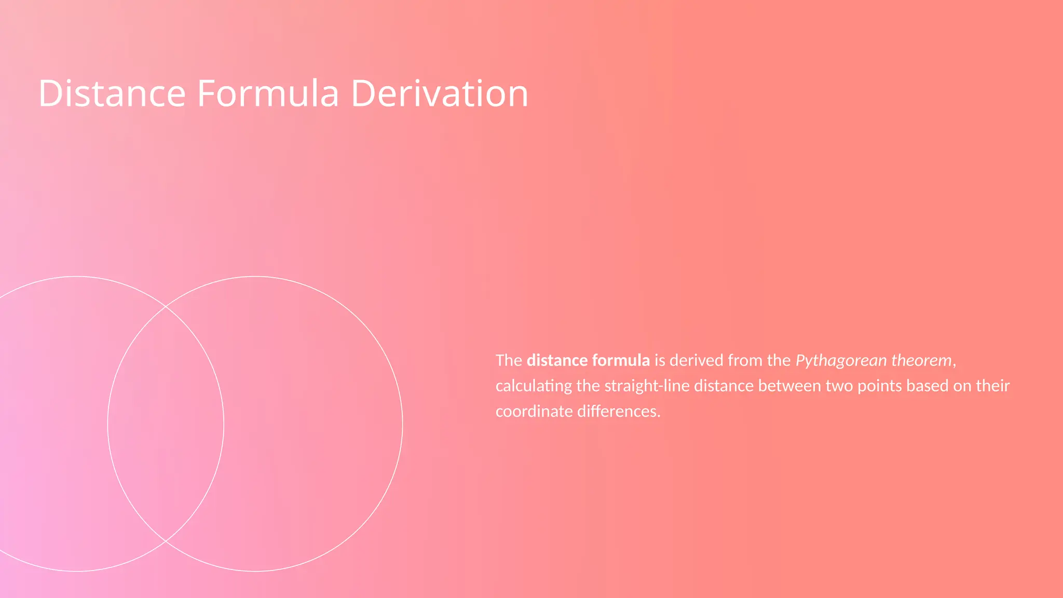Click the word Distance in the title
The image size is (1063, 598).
click(112, 93)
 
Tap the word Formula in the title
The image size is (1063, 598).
click(268, 93)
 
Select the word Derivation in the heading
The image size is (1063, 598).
click(439, 93)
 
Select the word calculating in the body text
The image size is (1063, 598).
click(534, 386)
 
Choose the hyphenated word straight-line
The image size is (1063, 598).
click(647, 386)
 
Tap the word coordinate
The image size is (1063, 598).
click(534, 412)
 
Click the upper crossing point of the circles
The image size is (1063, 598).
click(166, 307)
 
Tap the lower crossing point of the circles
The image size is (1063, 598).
click(166, 541)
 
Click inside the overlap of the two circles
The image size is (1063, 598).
click(166, 424)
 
